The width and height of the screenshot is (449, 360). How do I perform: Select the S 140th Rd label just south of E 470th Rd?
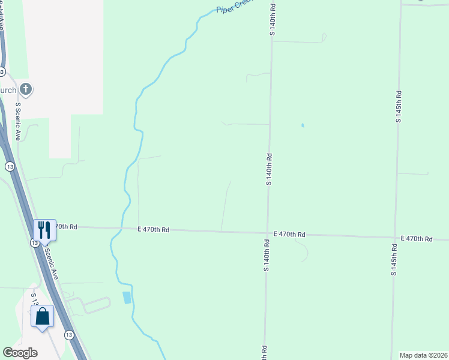[x=265, y=255]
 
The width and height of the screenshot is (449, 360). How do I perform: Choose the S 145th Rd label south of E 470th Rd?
[x=394, y=259]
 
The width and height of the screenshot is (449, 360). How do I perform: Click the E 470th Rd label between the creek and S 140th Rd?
[x=153, y=230]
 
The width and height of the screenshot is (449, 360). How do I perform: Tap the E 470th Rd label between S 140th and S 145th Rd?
[x=289, y=234]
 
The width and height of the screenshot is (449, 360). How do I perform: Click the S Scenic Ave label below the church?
[x=18, y=122]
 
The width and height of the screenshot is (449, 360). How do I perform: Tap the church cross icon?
[x=25, y=90]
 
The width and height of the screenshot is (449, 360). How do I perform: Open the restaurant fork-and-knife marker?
[x=44, y=229]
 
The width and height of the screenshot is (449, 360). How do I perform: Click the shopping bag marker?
[x=43, y=316]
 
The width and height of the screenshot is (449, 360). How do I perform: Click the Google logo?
[x=20, y=353]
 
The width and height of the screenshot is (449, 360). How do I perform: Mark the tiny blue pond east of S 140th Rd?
[x=303, y=125]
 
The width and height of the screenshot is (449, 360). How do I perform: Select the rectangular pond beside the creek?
[x=126, y=297]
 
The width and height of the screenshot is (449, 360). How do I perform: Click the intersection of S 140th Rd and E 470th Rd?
[x=267, y=233]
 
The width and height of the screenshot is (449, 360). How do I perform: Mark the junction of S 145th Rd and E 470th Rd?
[x=396, y=236]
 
